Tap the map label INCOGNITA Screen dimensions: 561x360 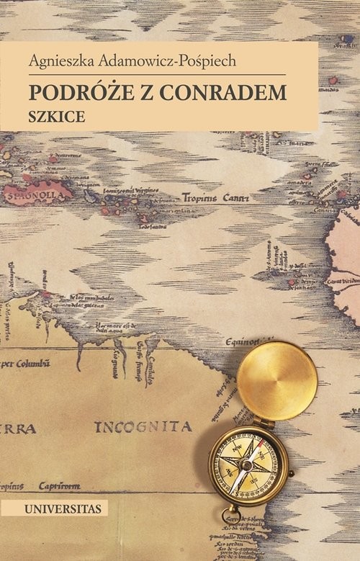pos(143,426)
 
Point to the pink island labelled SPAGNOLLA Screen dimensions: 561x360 pos(36,193)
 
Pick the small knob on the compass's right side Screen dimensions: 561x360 pos(289,475)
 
